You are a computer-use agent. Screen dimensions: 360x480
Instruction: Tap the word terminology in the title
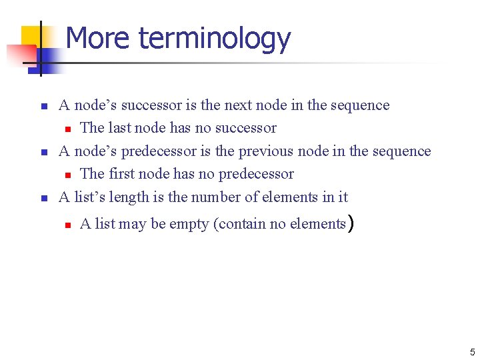tap(215, 39)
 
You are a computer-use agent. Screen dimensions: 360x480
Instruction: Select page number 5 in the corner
tap(472, 351)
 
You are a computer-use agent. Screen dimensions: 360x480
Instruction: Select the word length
tap(132, 197)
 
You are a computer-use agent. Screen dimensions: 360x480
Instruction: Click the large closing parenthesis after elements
tap(349, 223)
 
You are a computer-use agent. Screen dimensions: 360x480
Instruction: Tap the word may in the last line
tap(133, 225)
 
